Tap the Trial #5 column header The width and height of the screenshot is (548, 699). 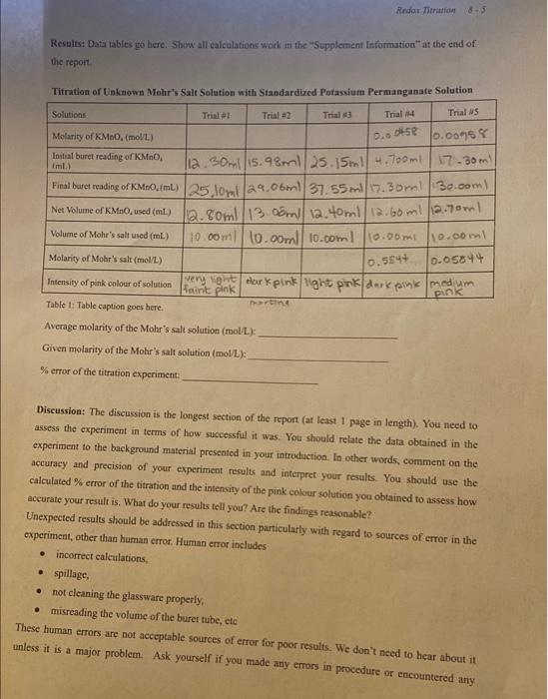[x=462, y=114]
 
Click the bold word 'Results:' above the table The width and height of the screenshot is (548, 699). [x=67, y=45]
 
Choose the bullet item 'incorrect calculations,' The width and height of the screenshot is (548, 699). [x=104, y=555]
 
